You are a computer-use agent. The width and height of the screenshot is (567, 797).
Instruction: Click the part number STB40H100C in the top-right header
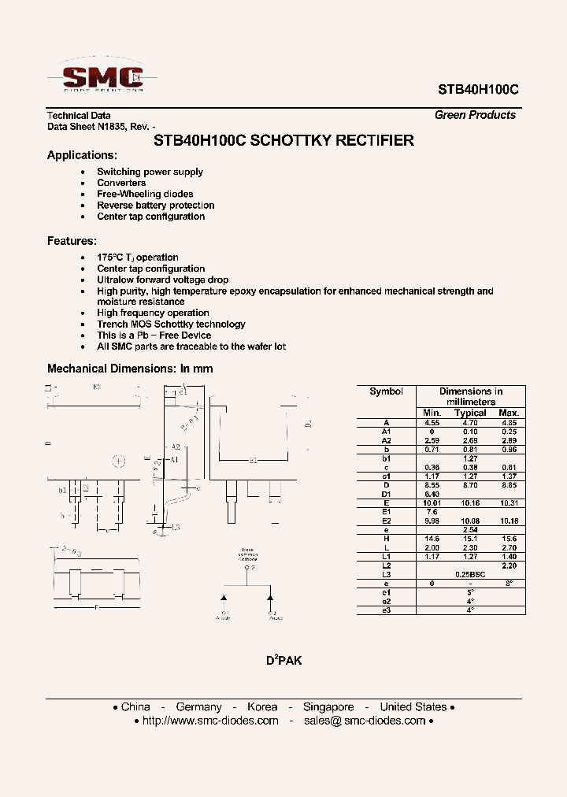pos(476,90)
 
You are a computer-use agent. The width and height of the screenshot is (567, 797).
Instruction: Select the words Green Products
pos(475,115)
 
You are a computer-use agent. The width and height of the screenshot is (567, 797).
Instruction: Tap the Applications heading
pos(82,155)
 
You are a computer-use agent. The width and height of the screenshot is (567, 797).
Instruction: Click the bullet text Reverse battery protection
pos(155,206)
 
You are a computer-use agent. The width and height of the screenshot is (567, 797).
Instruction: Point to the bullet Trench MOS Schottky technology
pos(171,324)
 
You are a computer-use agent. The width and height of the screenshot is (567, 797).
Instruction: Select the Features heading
pos(72,241)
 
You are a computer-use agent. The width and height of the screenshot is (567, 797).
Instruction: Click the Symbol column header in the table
pos(386,391)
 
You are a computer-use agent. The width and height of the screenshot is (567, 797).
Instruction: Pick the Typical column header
pos(470,413)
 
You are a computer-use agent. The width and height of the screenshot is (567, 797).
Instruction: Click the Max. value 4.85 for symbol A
pos(509,423)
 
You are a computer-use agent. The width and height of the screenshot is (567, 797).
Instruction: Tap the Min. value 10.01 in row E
pos(432,502)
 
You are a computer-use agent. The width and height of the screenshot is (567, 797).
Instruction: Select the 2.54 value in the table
pos(470,529)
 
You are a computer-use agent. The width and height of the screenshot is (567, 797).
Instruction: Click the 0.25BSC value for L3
pos(470,574)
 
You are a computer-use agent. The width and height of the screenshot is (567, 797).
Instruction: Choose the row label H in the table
pos(386,538)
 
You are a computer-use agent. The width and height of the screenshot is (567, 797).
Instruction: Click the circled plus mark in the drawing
pos(119,461)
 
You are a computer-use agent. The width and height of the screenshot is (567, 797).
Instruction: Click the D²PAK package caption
pos(283,660)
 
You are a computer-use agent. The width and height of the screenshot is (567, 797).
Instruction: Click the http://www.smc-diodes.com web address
pos(210,721)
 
